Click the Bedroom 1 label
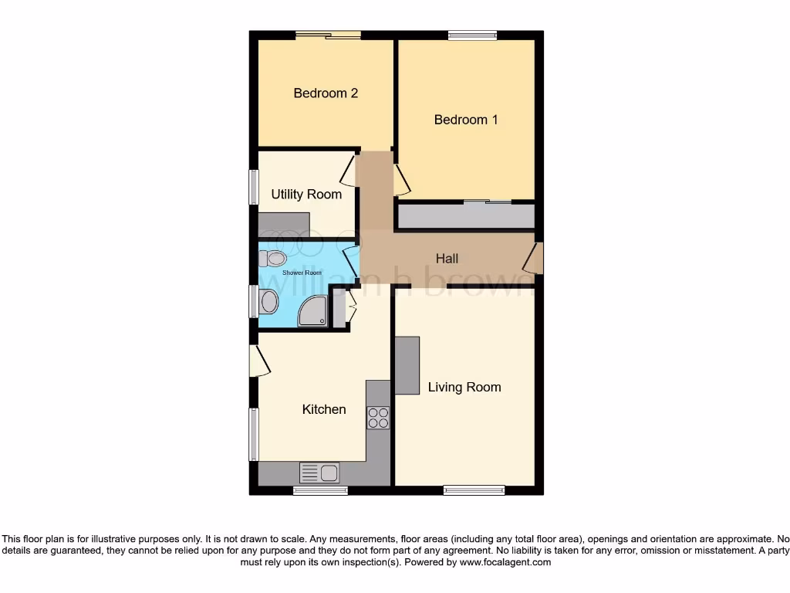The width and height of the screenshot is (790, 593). pyautogui.click(x=465, y=120)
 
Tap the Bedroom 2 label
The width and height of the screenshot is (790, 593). pyautogui.click(x=325, y=93)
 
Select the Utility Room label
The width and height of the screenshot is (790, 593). pyautogui.click(x=306, y=195)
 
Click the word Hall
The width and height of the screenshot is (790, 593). pyautogui.click(x=447, y=259)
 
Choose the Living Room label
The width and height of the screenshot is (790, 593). pyautogui.click(x=464, y=387)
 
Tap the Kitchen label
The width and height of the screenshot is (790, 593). pyautogui.click(x=323, y=409)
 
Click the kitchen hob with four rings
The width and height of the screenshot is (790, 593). pyautogui.click(x=378, y=417)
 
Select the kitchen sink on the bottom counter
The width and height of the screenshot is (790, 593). pyautogui.click(x=319, y=472)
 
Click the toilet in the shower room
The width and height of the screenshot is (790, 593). pyautogui.click(x=273, y=258)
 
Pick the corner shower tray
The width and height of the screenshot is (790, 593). pyautogui.click(x=312, y=313)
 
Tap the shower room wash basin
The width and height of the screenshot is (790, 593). pyautogui.click(x=268, y=302)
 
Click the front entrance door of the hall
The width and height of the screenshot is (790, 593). pyautogui.click(x=534, y=259)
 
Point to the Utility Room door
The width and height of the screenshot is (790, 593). pyautogui.click(x=349, y=171)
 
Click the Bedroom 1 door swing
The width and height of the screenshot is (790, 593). pyautogui.click(x=401, y=180)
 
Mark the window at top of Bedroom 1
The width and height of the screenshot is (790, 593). pyautogui.click(x=472, y=35)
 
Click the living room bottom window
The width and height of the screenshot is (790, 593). pyautogui.click(x=474, y=490)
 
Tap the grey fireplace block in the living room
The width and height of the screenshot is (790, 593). pyautogui.click(x=407, y=365)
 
